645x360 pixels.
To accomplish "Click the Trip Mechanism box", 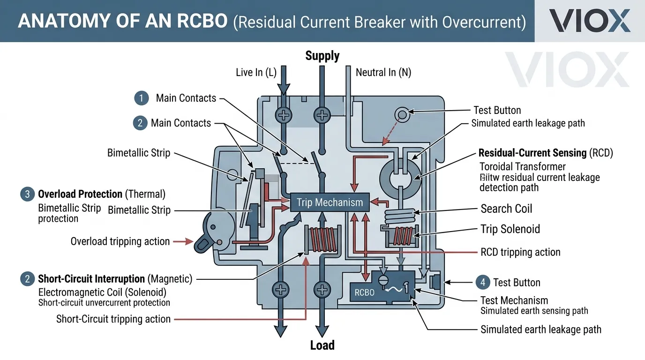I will pos(330,202).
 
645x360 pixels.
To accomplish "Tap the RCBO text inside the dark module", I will pos(364,293).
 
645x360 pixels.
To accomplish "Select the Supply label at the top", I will pos(322,56).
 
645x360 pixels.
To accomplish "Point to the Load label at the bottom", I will pos(322,346).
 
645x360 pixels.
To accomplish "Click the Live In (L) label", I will pos(256,72).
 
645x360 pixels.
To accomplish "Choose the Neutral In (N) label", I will pos(383,72).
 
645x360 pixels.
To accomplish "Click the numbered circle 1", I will pos(141,98).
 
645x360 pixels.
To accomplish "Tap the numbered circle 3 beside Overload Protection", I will pos(28,194).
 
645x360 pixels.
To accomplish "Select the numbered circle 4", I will pos(482,282).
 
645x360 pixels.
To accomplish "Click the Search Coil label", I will pos(506,209).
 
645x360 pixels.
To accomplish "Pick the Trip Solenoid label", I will pos(510,229).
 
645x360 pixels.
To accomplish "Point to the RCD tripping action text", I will pos(520,252).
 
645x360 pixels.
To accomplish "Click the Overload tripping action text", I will pos(120,241).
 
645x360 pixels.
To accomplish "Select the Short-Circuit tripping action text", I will pos(113,319).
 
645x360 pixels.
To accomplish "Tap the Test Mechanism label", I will pos(514,300).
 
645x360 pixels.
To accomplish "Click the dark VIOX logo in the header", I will pos(589,21).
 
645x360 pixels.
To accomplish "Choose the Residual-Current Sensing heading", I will pos(532,153).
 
